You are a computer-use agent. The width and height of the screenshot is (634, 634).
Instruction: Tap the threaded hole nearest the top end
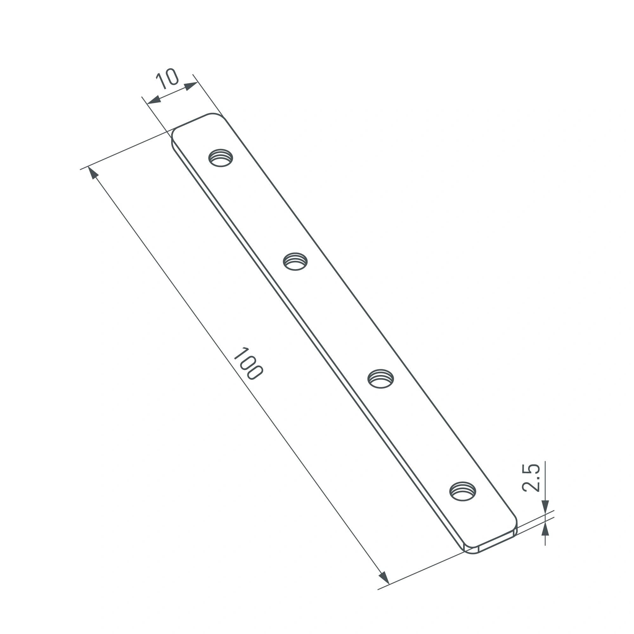point(221,158)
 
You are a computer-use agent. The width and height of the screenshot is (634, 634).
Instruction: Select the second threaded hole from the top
point(295,262)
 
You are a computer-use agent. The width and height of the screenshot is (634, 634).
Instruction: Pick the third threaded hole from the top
point(381,379)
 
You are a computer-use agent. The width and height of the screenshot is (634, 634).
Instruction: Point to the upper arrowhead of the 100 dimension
point(93,173)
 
